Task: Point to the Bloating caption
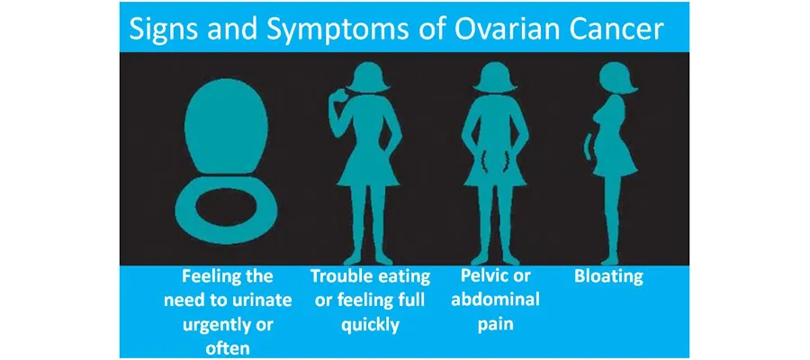(608, 276)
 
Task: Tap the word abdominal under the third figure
(495, 300)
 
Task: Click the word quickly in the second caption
(370, 323)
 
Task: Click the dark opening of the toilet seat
(227, 210)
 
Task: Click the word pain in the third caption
(495, 323)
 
